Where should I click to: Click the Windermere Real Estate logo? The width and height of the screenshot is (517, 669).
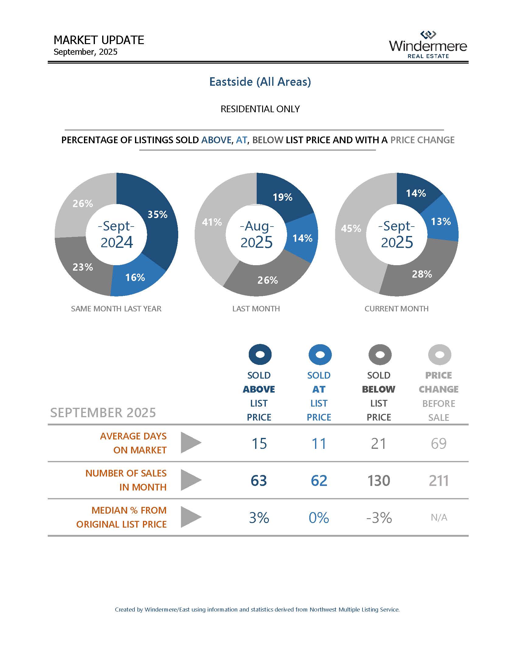tap(428, 45)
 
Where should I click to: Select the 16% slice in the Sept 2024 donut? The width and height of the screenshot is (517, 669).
tap(135, 278)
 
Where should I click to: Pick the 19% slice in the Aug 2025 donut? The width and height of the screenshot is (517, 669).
tap(283, 197)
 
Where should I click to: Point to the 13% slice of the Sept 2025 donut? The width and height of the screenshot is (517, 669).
tap(441, 221)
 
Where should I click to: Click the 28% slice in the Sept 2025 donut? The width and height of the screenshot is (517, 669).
tap(422, 274)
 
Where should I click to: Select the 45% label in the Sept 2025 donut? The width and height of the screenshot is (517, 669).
tap(351, 228)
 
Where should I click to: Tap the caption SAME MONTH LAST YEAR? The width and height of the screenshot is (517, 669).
tap(116, 309)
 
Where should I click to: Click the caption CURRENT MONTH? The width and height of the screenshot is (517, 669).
tap(396, 309)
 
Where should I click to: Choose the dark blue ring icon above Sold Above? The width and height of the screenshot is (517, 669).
tap(260, 354)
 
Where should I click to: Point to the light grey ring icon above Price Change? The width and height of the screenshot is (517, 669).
tap(439, 354)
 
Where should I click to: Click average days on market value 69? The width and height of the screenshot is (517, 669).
tap(439, 444)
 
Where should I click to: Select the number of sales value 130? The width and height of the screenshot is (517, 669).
tap(379, 480)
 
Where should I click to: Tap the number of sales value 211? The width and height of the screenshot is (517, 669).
tap(439, 480)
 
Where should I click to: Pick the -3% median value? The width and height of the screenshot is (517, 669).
tap(379, 518)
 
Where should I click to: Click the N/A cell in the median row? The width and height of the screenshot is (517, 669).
tap(439, 518)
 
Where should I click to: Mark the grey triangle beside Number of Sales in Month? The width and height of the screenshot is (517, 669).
tap(190, 480)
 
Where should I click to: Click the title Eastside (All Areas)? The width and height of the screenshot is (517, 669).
tap(260, 82)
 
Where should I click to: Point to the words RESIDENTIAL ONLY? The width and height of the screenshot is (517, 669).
tap(260, 109)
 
